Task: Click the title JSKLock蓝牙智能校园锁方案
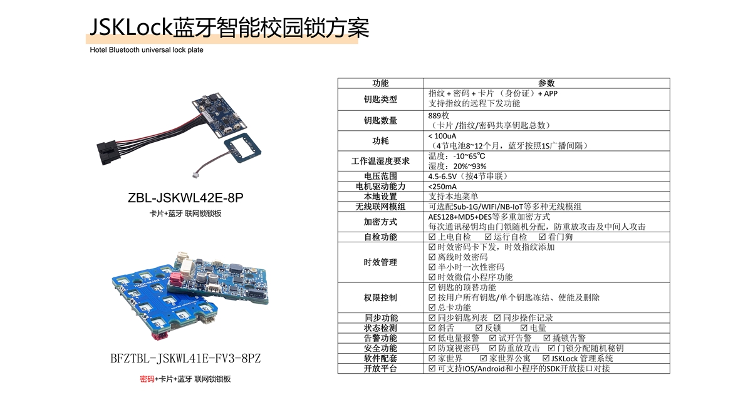[229, 27]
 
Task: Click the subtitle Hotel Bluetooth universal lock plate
[147, 50]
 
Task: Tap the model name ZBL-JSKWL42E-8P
[185, 198]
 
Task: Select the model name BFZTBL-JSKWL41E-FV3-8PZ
[185, 359]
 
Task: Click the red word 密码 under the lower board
[147, 379]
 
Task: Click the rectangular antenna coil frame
[242, 148]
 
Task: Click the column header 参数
[546, 83]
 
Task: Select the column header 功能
[380, 83]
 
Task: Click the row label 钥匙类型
[380, 99]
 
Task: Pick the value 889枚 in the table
[439, 115]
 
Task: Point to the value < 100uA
[442, 136]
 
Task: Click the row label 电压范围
[380, 176]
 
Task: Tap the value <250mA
[442, 187]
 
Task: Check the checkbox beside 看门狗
[542, 237]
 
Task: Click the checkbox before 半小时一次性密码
[432, 267]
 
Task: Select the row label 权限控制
[380, 297]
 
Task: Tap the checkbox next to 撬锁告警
[546, 338]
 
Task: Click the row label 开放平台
[380, 369]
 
